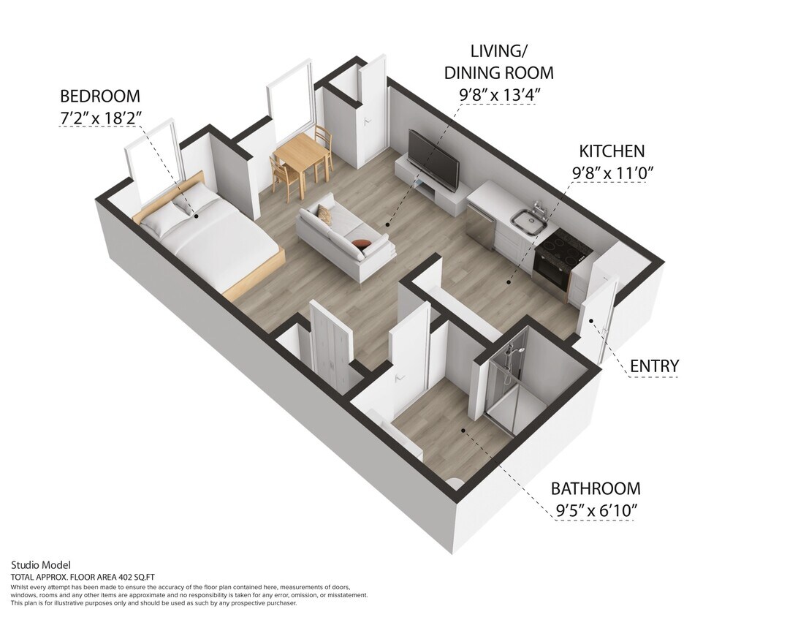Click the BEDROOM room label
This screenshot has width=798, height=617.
pos(99,96)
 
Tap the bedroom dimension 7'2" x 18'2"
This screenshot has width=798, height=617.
pos(99,117)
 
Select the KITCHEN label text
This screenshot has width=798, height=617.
pos(612,151)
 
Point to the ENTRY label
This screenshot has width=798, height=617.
pos(654,366)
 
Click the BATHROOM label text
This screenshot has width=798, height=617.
pos(596,488)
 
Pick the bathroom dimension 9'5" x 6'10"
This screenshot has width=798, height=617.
pos(596,510)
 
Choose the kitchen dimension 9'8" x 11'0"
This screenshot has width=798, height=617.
pos(612,173)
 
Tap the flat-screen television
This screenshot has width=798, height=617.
pos(433,159)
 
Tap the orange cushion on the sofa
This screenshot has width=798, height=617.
pos(360,244)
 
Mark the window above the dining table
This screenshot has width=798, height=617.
pos(291,102)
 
